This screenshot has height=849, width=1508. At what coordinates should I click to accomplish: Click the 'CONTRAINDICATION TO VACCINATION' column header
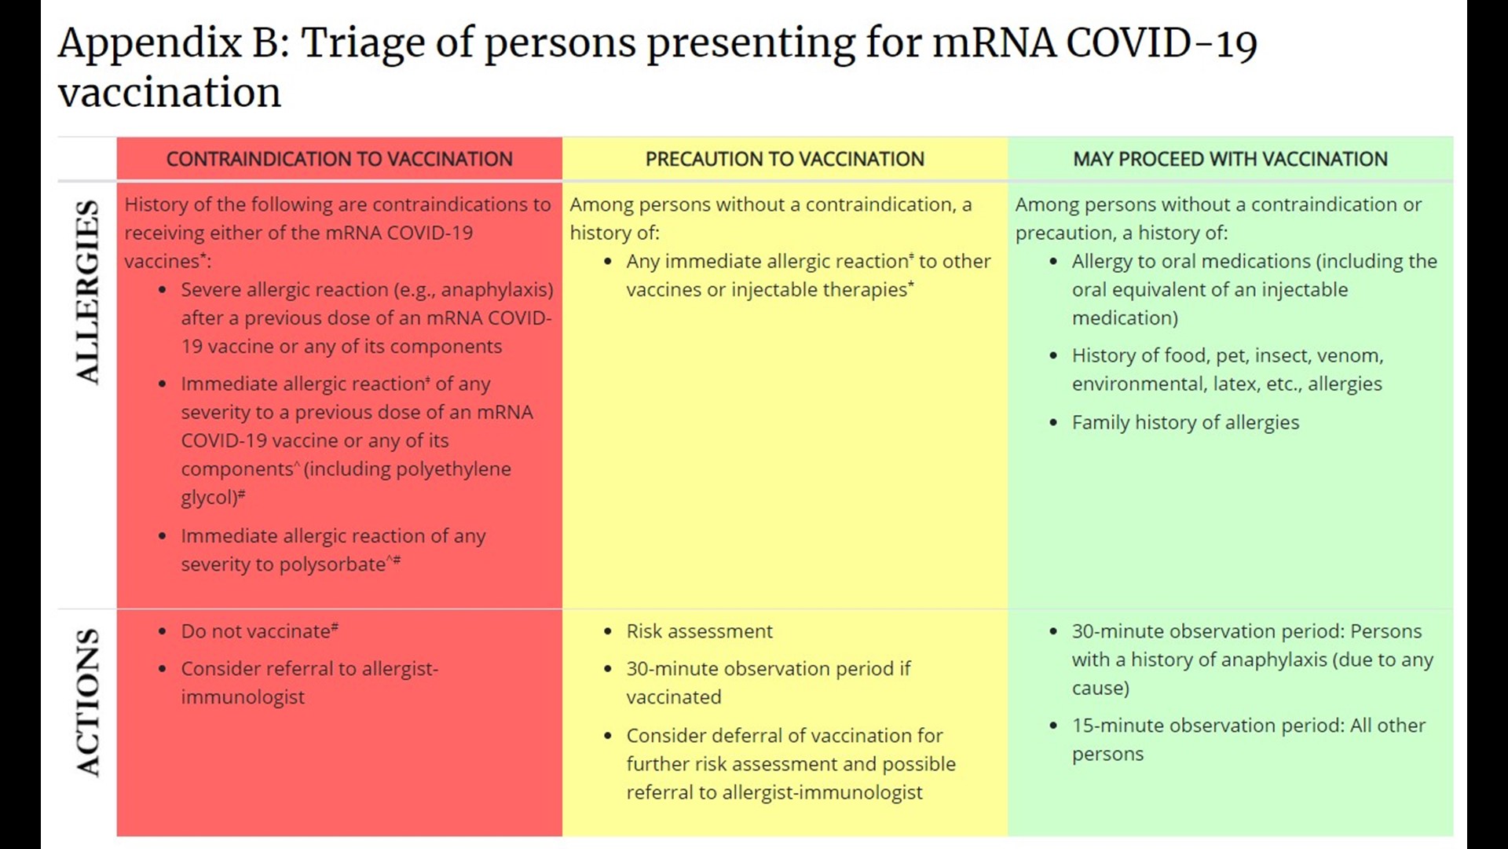[339, 159]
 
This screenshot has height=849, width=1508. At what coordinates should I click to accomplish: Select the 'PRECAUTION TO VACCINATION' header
[785, 159]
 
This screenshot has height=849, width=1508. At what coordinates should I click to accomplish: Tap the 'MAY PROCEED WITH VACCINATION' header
[1230, 159]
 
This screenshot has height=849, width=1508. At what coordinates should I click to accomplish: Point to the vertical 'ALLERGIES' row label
[88, 292]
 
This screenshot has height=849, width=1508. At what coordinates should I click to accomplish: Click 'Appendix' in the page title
[149, 44]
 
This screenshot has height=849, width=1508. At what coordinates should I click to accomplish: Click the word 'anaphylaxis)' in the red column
[496, 290]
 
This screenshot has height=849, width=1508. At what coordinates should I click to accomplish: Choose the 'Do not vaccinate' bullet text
[255, 631]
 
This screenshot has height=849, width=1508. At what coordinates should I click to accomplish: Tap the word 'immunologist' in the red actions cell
[243, 697]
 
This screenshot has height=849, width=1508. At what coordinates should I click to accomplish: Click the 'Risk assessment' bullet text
[699, 631]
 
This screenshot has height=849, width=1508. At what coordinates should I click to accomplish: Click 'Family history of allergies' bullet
[1185, 423]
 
